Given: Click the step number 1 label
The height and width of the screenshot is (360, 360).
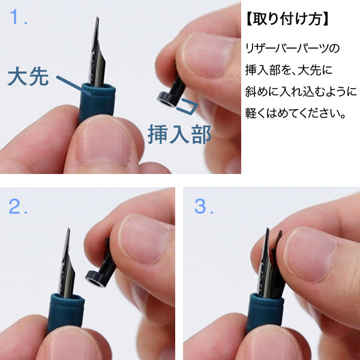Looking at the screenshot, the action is coord(19,17).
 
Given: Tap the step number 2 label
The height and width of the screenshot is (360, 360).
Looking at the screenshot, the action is coord(18,206).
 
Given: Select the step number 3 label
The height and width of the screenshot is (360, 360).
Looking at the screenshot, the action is coord(204,206).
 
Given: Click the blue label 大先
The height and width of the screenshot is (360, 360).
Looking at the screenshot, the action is coord(28,76).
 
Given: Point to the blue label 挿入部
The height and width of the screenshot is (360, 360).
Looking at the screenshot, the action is coord(179,134).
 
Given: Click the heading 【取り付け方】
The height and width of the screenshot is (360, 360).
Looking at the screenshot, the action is coord(287,19).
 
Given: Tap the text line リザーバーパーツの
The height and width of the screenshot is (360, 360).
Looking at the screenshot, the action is coord(292,49).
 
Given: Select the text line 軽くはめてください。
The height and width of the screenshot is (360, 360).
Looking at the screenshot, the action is coord(295,113).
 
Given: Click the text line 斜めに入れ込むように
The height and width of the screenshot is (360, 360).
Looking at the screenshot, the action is coord(301,91).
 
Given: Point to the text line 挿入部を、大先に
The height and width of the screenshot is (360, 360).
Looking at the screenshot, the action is coord(289,70).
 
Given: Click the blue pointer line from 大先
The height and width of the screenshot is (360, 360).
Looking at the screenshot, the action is coord(73,85).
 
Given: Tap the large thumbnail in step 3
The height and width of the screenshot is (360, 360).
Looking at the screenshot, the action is coord(309,255).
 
